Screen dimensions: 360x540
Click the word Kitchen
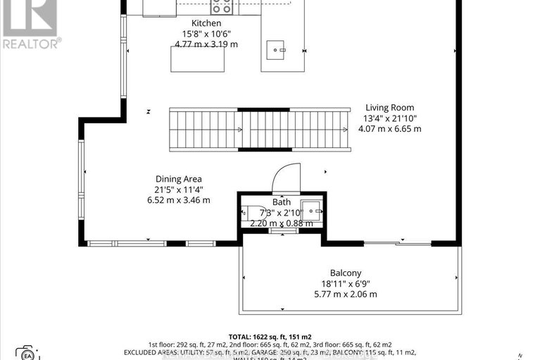click(196, 23)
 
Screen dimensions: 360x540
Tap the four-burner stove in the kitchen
click(221, 8)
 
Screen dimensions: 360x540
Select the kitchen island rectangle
click(198, 59)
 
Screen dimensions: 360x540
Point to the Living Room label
click(389, 108)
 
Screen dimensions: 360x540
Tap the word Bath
click(282, 201)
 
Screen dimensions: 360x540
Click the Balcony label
click(346, 273)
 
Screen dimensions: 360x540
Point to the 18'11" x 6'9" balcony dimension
click(345, 283)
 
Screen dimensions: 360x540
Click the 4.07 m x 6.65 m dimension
click(389, 129)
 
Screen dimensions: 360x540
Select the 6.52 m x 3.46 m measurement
click(179, 200)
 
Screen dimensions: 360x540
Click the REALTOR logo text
click(30, 43)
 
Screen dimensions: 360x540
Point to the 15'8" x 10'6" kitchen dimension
click(196, 34)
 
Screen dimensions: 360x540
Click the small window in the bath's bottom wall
click(282, 230)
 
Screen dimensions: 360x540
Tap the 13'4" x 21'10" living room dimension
click(389, 118)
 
